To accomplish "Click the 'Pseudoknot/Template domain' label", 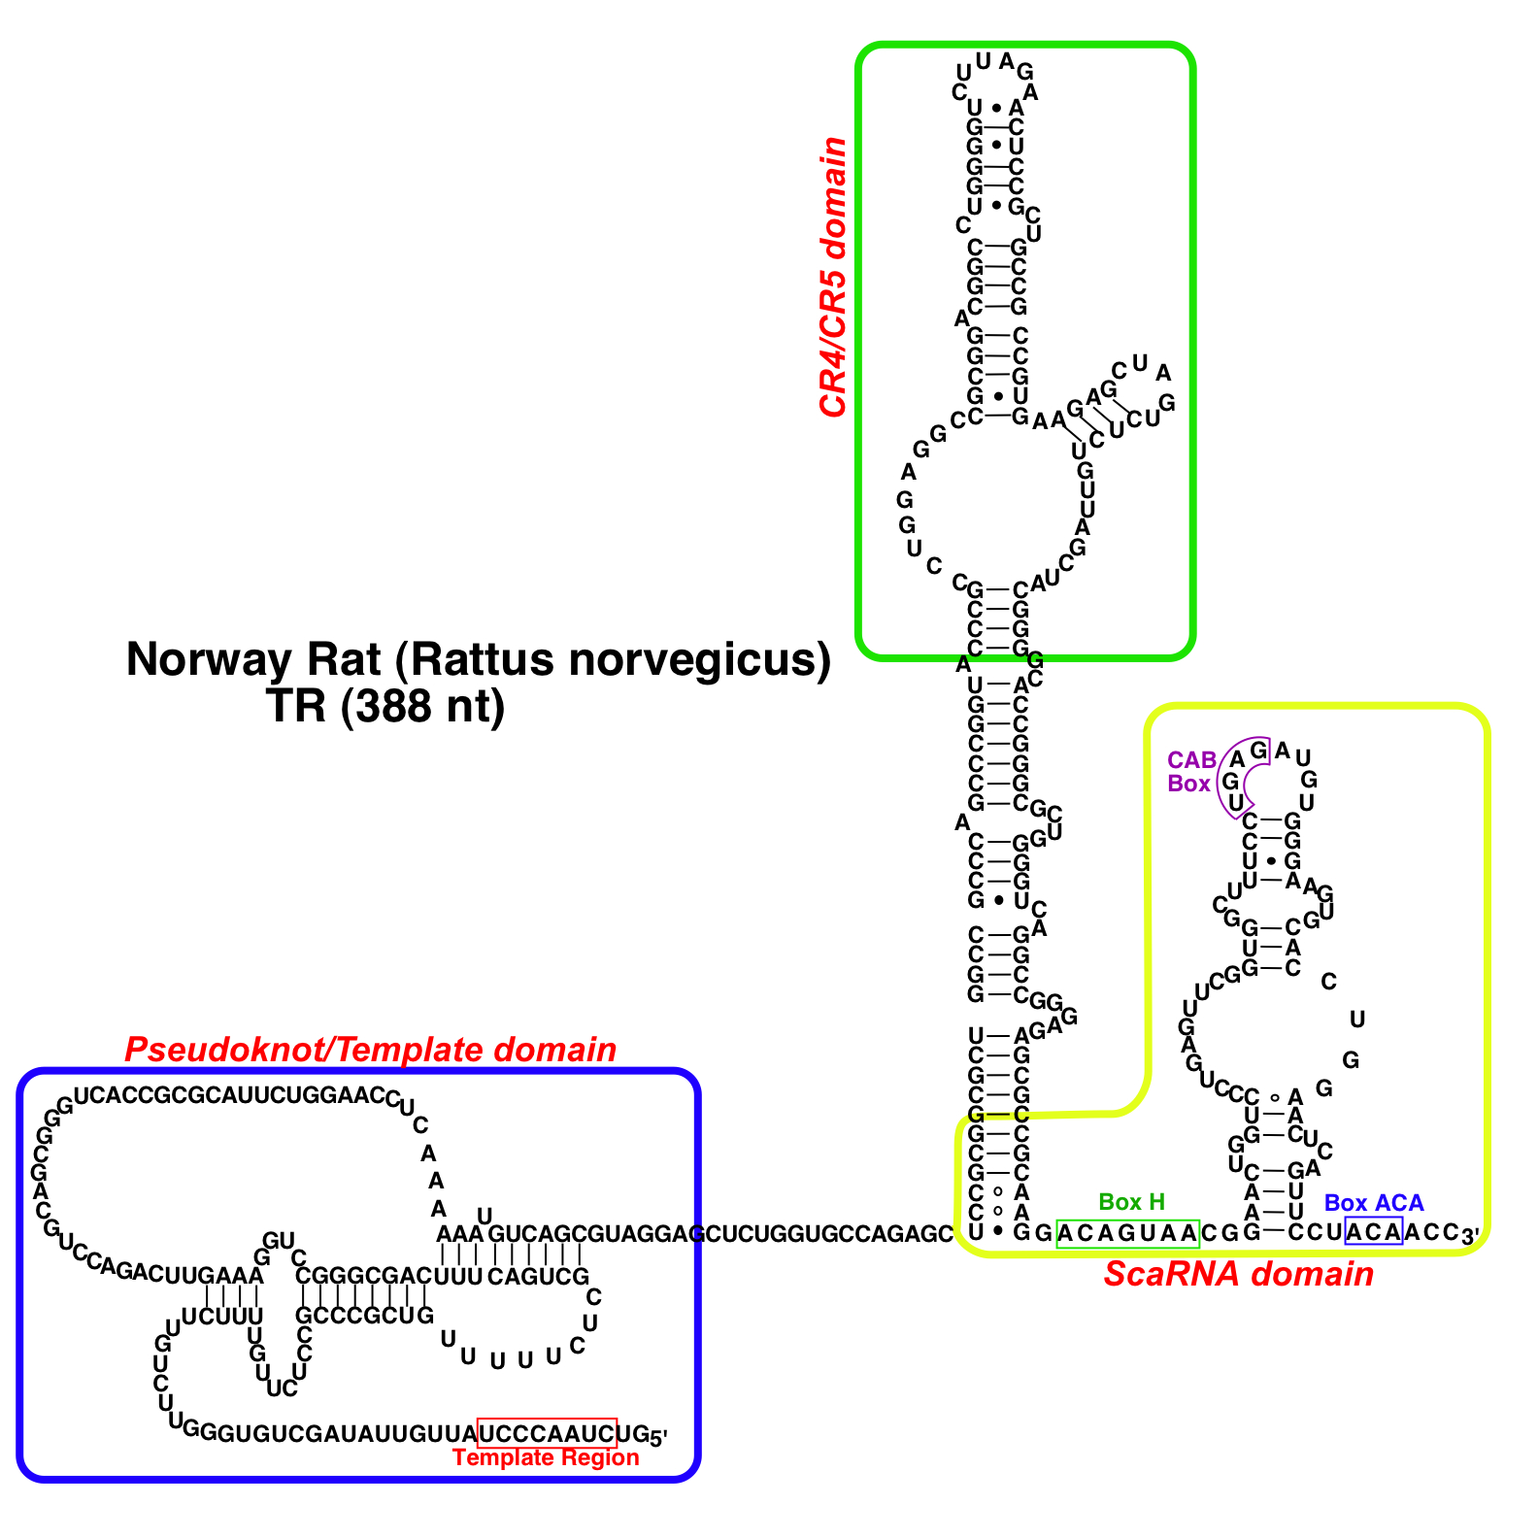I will (370, 1050).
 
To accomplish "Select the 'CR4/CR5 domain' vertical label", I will (833, 278).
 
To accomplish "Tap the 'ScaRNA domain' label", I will (1238, 1274).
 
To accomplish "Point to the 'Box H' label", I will (1131, 1202).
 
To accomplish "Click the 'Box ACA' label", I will (1373, 1203).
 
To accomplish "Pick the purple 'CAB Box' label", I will (1190, 772).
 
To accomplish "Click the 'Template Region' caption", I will (546, 1457).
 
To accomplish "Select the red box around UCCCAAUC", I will (547, 1433).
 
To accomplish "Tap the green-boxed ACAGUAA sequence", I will (1127, 1233).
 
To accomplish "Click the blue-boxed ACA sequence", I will (1373, 1232).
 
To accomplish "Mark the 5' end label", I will (658, 1437).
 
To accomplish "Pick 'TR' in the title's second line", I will (295, 706).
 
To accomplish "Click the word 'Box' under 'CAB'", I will (1189, 784).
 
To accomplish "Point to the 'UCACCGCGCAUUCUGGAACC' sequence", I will (230, 1096).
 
